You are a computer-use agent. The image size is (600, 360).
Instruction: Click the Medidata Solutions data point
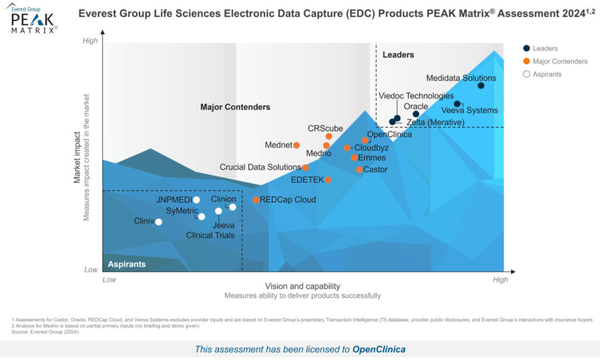click(480, 86)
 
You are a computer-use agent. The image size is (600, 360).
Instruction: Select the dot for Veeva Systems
click(457, 104)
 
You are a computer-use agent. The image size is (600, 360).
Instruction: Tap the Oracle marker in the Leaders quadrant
click(416, 114)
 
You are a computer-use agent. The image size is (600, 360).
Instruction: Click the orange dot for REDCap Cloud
click(256, 200)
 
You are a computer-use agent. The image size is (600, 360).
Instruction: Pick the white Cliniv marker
click(158, 222)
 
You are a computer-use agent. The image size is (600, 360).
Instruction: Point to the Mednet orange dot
click(296, 145)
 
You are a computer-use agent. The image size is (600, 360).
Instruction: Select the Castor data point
click(359, 170)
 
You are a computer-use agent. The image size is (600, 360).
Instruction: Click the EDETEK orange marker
click(328, 180)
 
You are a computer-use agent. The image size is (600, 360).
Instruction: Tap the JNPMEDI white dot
click(196, 200)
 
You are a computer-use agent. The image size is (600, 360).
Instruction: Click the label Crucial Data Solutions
click(260, 167)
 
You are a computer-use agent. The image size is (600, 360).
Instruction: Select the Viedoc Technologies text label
click(415, 96)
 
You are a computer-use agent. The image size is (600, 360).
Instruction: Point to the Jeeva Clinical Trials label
click(210, 230)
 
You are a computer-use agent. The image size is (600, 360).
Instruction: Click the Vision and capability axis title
click(302, 286)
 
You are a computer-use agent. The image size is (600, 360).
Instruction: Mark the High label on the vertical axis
click(90, 40)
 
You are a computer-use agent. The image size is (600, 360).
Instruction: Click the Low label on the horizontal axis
click(110, 280)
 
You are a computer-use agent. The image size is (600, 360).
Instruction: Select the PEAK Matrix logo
click(34, 19)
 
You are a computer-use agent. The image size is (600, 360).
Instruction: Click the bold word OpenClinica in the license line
click(379, 349)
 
